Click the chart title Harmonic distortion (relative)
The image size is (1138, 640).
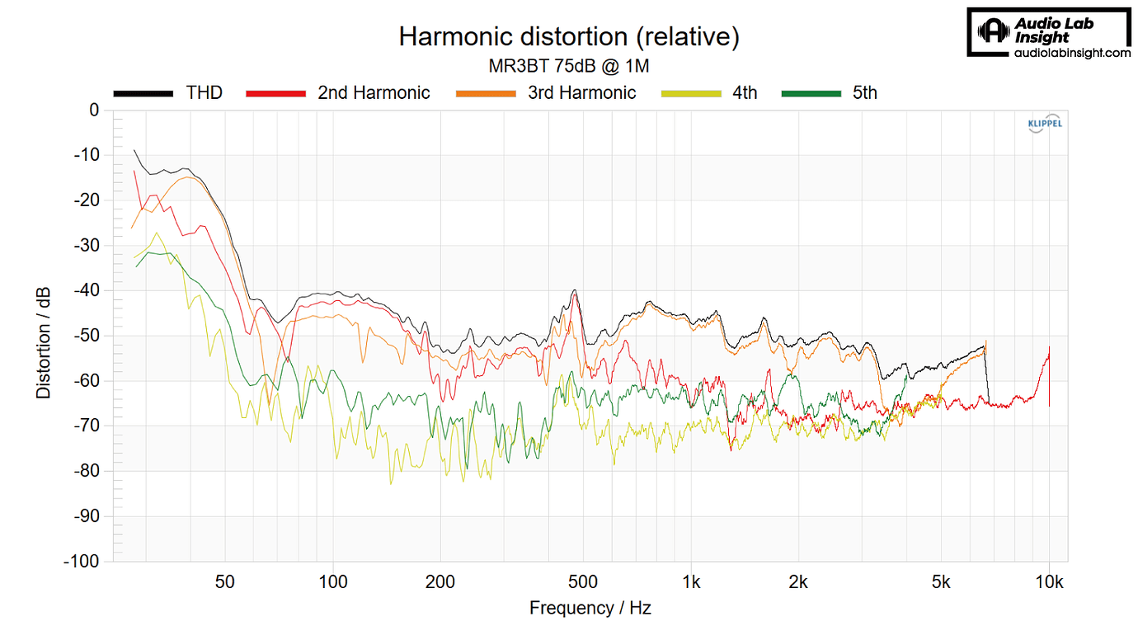[568, 37]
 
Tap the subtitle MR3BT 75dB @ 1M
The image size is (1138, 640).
[569, 66]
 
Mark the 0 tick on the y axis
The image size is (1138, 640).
[93, 111]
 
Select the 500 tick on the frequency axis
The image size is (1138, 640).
[583, 582]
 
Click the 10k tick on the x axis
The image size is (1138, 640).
[1049, 582]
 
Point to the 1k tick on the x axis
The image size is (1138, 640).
[691, 582]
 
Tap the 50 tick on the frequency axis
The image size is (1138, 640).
[224, 582]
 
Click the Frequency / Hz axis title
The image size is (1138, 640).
[590, 609]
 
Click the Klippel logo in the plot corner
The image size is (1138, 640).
[1044, 125]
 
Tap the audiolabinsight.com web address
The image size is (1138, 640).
[1071, 53]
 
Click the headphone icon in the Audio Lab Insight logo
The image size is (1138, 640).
[994, 32]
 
